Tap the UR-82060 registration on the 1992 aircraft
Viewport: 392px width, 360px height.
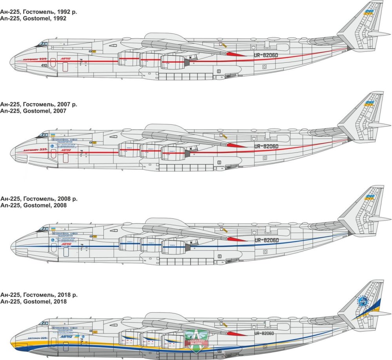(x=266, y=55)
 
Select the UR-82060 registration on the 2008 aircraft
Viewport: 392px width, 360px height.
(x=266, y=240)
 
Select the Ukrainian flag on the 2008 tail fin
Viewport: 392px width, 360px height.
(x=368, y=197)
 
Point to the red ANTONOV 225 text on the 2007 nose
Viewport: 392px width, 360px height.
(x=35, y=150)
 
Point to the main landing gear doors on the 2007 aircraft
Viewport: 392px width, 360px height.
(x=184, y=168)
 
